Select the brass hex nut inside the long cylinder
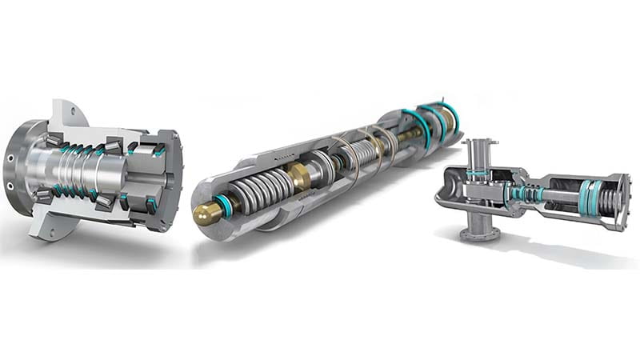(300, 177)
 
